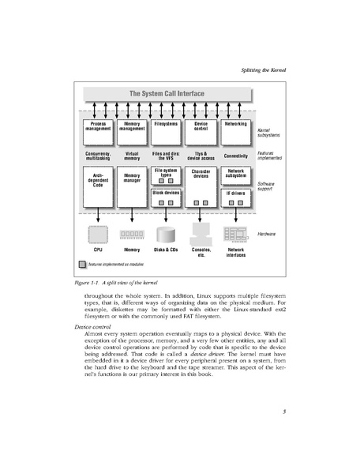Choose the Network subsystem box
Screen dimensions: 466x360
(x=235, y=173)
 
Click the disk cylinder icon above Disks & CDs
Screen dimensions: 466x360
(x=166, y=234)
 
